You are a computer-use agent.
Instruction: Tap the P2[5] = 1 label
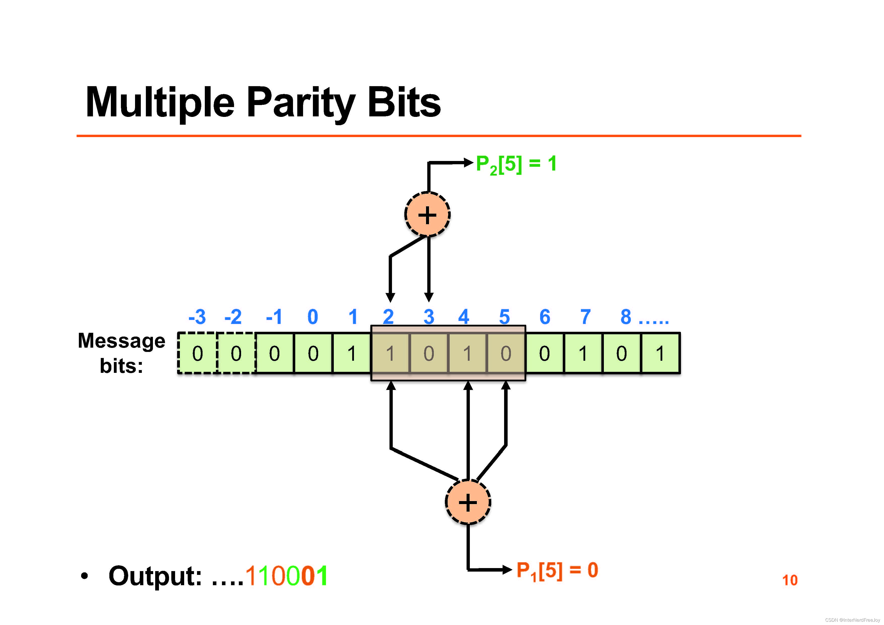click(516, 164)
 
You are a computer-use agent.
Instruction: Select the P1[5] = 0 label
click(557, 570)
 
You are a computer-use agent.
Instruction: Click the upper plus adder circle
click(427, 214)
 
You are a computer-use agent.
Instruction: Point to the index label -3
click(197, 317)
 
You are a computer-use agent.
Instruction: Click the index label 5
click(504, 317)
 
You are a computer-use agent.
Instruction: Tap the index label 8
click(626, 317)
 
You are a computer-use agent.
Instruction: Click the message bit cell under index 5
click(506, 353)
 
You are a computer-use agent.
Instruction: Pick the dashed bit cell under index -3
click(198, 353)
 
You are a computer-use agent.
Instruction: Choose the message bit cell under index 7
click(583, 353)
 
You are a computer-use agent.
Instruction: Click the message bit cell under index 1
click(351, 353)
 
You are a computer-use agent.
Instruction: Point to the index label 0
click(313, 317)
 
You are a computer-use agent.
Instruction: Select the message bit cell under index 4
click(467, 353)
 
